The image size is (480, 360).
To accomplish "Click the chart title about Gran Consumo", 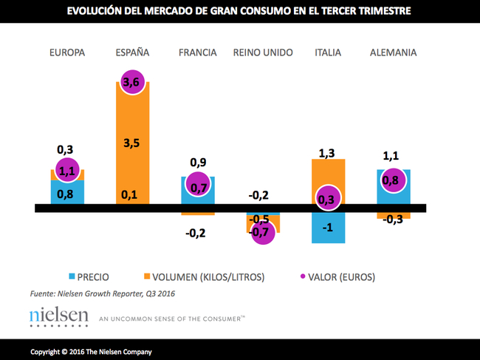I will click(239, 12).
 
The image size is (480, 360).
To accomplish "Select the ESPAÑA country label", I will click(133, 52).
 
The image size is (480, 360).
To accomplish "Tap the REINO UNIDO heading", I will click(262, 52).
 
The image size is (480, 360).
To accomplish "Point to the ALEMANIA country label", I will click(393, 52).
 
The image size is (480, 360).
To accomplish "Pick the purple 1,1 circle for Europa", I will click(66, 171).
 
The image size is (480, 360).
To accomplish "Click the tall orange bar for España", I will click(133, 140).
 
